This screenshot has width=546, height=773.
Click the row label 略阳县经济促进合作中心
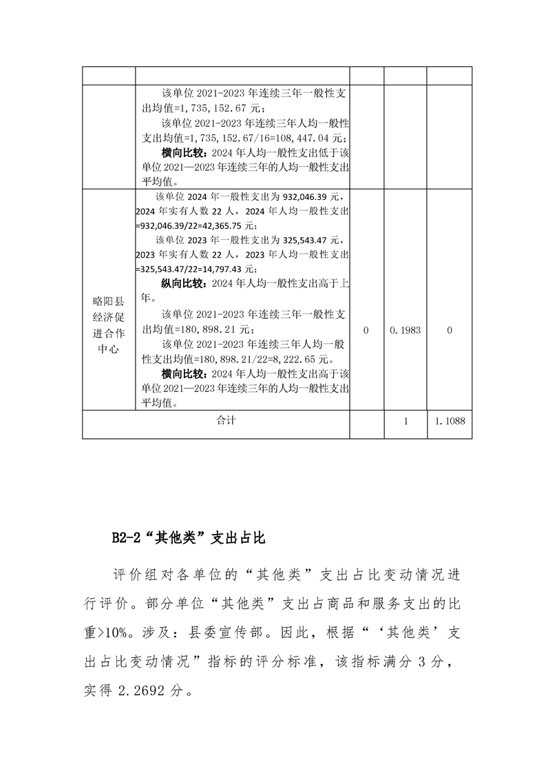(108, 324)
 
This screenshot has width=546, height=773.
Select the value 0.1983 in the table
(406, 331)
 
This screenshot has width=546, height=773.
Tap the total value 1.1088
(450, 420)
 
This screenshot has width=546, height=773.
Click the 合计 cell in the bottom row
(225, 420)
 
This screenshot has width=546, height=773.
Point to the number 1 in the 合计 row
(406, 420)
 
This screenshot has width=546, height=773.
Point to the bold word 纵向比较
(183, 283)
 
